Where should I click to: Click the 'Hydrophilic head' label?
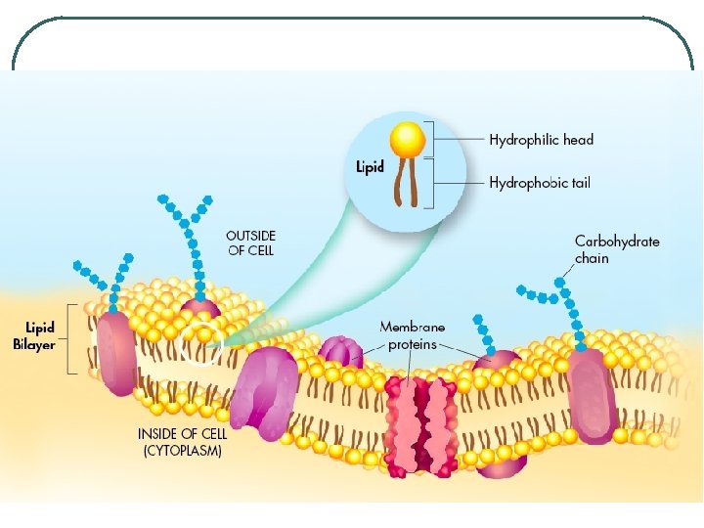[x=541, y=140]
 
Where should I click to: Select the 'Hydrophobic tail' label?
[x=540, y=183]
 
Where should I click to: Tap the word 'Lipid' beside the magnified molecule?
[x=371, y=167]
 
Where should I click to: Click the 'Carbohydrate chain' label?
[x=616, y=249]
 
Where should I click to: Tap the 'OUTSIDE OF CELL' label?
[x=250, y=242]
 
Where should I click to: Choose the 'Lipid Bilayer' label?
[x=34, y=335]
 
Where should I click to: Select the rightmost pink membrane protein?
[x=594, y=396]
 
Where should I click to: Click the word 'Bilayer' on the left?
[x=34, y=343]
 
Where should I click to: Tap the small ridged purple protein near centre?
[x=340, y=353]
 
